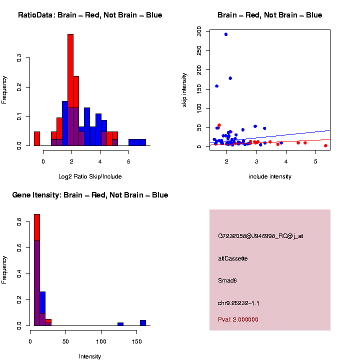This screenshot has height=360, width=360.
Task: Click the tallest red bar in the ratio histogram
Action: tap(70, 70)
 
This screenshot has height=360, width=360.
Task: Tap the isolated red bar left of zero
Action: tap(37, 138)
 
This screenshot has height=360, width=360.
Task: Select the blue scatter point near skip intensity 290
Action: tap(226, 34)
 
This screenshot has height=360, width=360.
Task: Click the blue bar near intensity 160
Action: tap(143, 322)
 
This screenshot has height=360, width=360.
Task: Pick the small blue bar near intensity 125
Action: tap(120, 324)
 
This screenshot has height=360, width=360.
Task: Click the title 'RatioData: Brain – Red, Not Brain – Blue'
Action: tap(90, 15)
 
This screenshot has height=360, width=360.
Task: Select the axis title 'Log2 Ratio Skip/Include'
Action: tap(90, 176)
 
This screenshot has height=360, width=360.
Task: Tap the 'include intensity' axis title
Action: tap(270, 176)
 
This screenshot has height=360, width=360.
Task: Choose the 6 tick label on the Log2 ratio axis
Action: tap(128, 161)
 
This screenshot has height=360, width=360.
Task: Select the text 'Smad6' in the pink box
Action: tap(227, 280)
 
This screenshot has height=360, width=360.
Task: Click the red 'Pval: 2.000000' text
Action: tap(238, 319)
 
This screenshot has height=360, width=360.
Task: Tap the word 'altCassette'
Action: tap(233, 258)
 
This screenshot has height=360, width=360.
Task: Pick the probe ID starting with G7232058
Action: tap(260, 236)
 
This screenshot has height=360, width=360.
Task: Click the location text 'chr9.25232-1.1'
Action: tap(238, 303)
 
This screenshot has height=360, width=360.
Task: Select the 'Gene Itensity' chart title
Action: tap(90, 195)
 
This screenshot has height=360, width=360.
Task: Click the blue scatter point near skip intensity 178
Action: tap(230, 78)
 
